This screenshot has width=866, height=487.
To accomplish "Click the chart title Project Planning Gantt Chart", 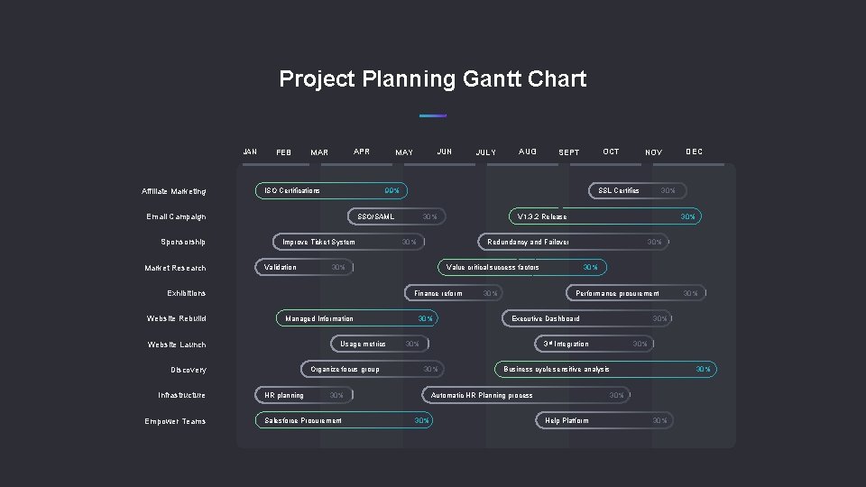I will (x=432, y=79).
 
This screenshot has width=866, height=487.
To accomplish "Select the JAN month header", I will (x=251, y=152).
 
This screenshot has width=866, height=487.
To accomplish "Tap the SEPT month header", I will (x=569, y=152).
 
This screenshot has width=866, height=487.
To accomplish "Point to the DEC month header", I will (x=694, y=152).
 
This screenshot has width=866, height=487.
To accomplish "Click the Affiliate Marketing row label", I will (x=173, y=191).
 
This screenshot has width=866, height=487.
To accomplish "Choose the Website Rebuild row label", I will (x=176, y=318).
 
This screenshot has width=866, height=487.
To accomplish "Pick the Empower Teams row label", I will (x=175, y=421).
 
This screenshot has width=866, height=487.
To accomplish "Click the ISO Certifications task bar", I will (x=330, y=190).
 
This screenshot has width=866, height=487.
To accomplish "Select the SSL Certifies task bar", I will (x=637, y=190).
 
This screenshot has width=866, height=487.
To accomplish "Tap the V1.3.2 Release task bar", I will (x=603, y=216).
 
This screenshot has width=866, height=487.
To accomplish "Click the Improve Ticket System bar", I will (x=347, y=242).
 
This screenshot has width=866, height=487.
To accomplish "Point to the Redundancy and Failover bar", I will (x=574, y=242).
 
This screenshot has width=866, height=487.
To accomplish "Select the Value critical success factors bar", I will (x=522, y=267).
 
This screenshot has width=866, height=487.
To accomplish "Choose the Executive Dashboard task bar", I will (x=586, y=318).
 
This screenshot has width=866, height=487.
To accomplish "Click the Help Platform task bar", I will (x=603, y=420).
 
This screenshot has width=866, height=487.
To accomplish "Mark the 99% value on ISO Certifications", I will (x=392, y=191).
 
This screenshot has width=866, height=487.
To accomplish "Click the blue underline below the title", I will (x=433, y=115).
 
